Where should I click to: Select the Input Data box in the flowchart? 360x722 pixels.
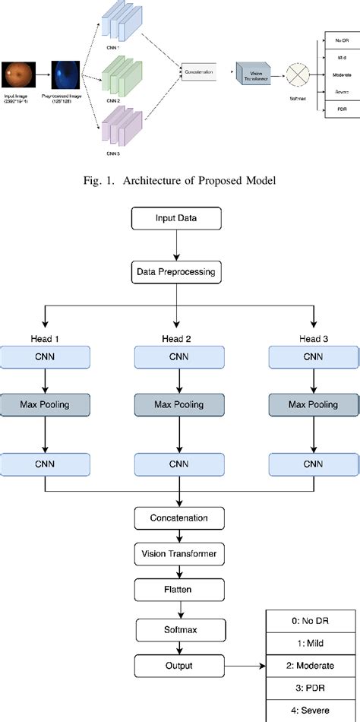click(177, 220)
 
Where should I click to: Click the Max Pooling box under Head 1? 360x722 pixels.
click(45, 404)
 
